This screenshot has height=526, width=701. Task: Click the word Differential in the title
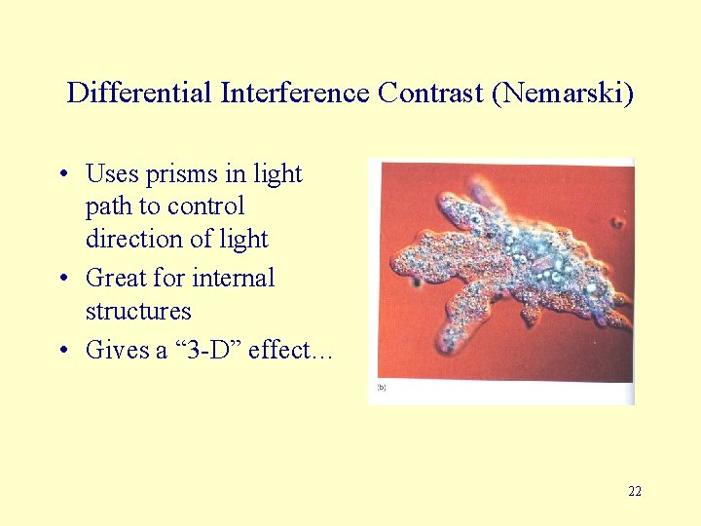(x=140, y=94)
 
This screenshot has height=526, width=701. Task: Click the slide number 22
(x=635, y=492)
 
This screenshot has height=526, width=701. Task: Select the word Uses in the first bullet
(x=112, y=174)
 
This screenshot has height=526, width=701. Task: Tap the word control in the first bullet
(x=206, y=207)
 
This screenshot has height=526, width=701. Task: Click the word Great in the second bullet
(x=116, y=279)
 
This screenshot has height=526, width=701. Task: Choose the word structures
(x=138, y=312)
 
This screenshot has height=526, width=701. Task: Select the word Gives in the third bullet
(x=117, y=350)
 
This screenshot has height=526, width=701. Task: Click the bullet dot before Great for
(x=61, y=280)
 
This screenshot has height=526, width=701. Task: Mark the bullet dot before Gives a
(x=61, y=351)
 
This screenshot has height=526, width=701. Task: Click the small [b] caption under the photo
(x=381, y=388)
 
